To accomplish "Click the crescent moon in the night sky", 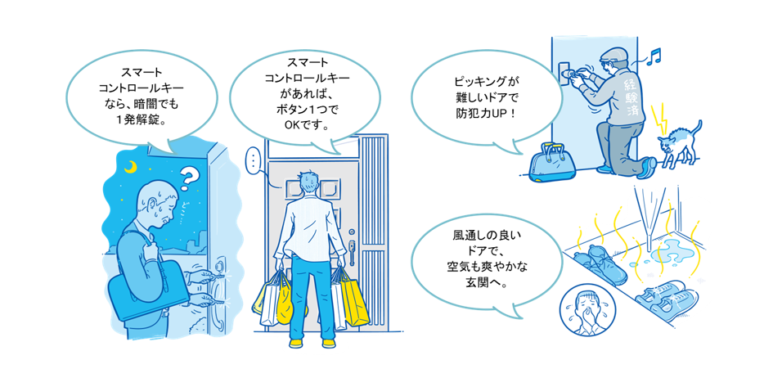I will tap(131, 168).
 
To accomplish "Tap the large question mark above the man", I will tap(189, 176).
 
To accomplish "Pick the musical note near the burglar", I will tap(654, 55).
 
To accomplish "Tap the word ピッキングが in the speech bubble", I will tap(486, 82).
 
